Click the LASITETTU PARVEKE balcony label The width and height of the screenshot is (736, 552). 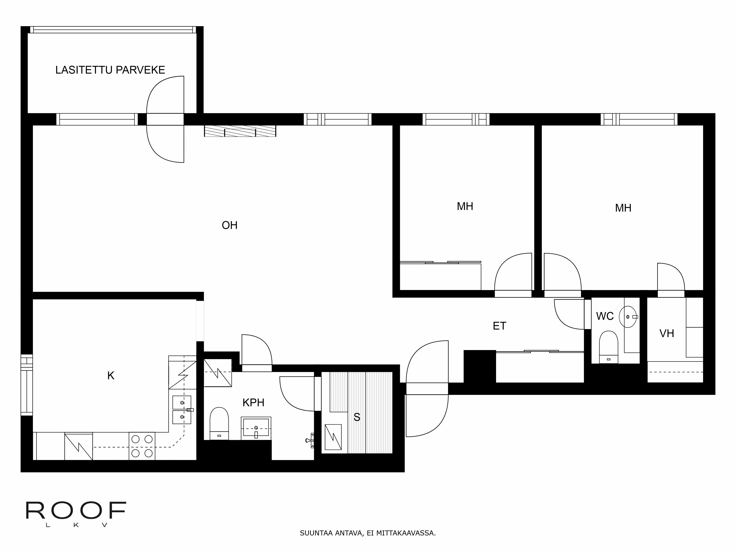110,70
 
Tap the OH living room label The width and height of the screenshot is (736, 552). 230,225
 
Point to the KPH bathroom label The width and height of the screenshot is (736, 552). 253,403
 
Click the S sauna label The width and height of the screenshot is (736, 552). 357,417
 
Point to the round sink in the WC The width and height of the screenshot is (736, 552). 627,317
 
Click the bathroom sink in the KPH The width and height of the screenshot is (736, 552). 256,428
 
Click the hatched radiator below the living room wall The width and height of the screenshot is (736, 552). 240,131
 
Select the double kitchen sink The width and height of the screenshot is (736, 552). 182,410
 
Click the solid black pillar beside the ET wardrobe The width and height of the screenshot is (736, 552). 480,366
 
